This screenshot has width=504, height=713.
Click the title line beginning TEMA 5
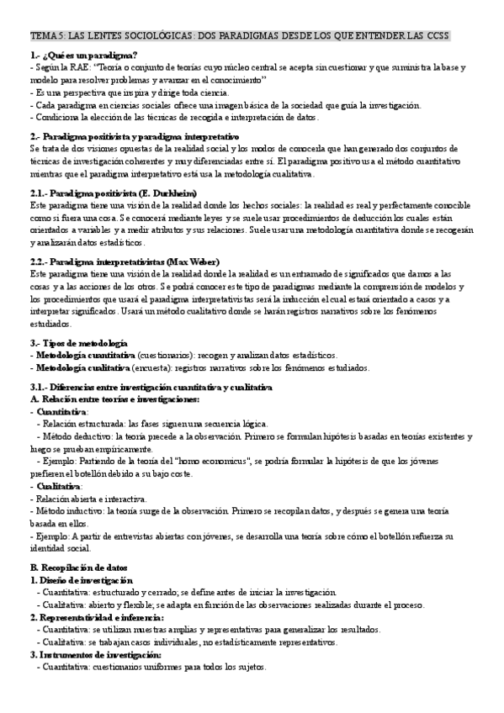pos(240,36)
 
